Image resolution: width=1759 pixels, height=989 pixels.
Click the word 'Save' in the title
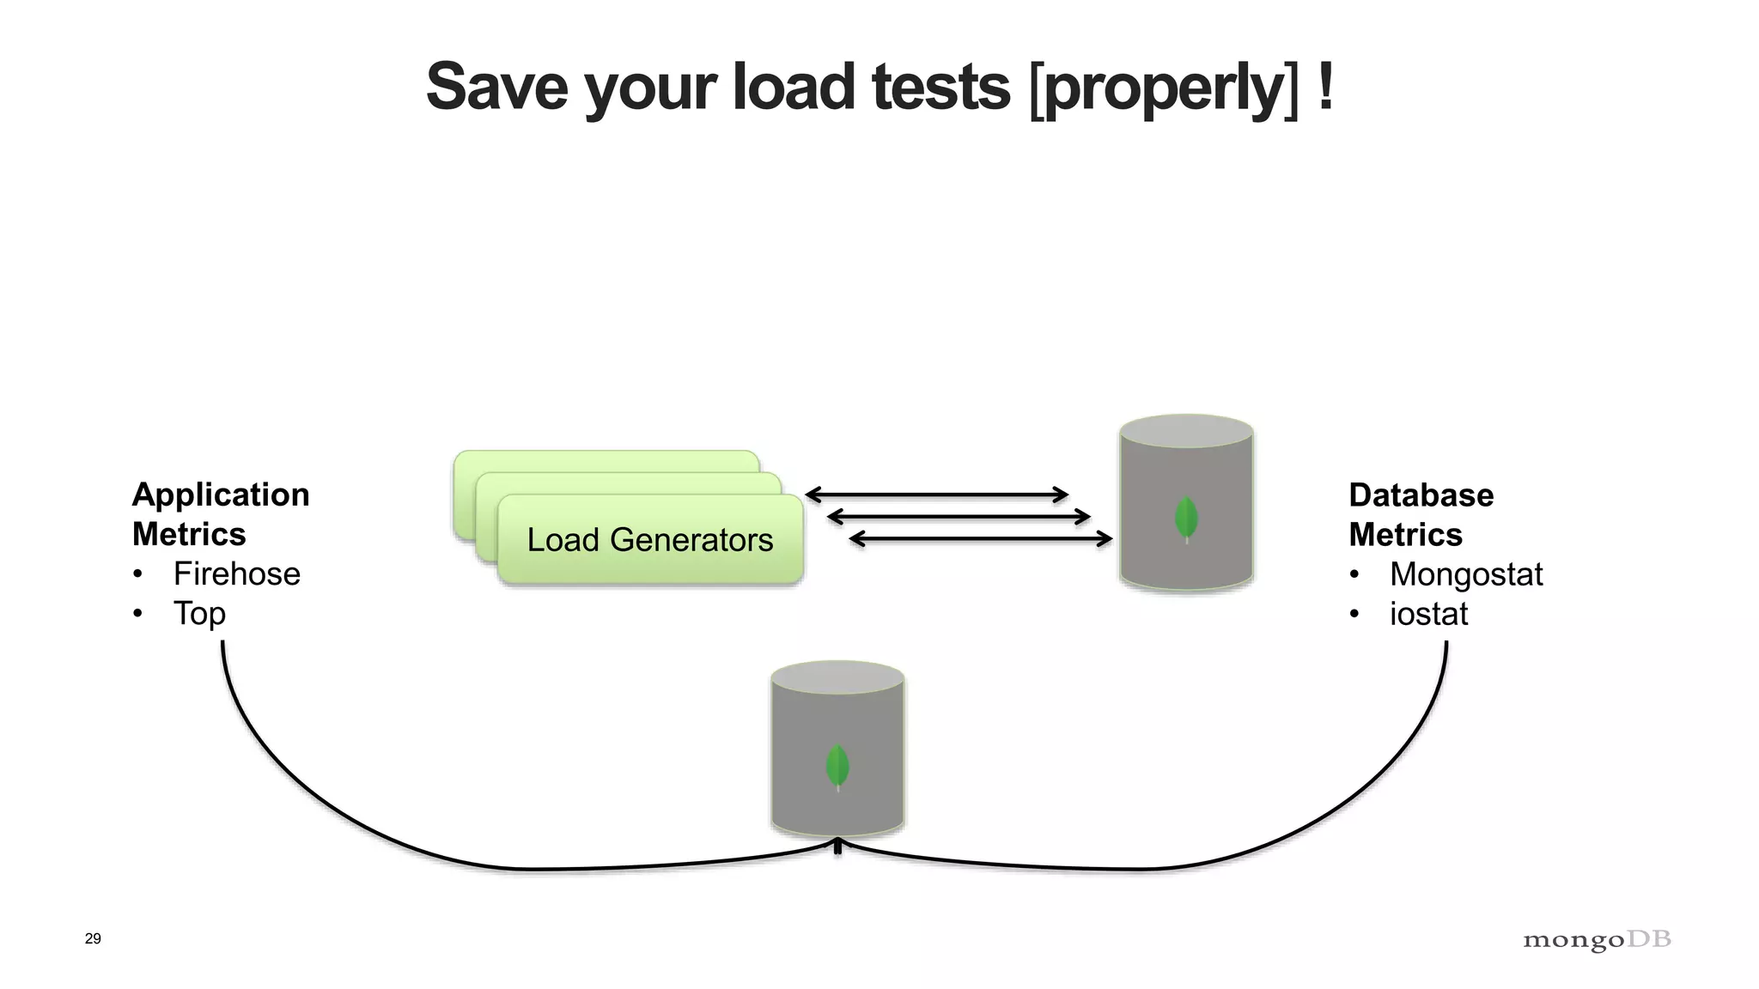[x=496, y=87]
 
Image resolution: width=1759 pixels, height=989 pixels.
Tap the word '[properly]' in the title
[x=1164, y=88]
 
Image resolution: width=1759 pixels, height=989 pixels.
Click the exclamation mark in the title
[x=1324, y=87]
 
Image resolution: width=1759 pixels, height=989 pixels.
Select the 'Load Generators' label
[x=649, y=540]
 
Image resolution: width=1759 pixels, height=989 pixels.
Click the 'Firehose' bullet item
[x=236, y=573]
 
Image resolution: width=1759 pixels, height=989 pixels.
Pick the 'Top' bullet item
[x=199, y=614]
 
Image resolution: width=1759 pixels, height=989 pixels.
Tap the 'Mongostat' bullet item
[x=1465, y=574]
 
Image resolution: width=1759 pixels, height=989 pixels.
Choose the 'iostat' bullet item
[x=1428, y=614]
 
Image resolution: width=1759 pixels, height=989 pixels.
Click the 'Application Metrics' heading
[x=220, y=513]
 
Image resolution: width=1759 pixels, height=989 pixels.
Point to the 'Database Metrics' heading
[x=1421, y=514]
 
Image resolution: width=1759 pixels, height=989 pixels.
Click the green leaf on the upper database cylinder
[x=1186, y=519]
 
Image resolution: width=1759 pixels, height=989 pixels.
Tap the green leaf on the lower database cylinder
[x=837, y=767]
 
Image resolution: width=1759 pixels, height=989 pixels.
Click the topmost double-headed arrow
[x=936, y=494]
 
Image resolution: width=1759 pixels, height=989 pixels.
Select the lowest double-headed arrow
[x=980, y=539]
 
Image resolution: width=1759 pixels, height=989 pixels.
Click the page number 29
[x=93, y=938]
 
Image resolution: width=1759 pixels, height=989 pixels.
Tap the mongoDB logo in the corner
[x=1597, y=940]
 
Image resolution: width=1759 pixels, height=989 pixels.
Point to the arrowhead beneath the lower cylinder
[x=837, y=846]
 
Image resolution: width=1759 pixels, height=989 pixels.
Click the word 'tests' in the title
[x=940, y=87]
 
